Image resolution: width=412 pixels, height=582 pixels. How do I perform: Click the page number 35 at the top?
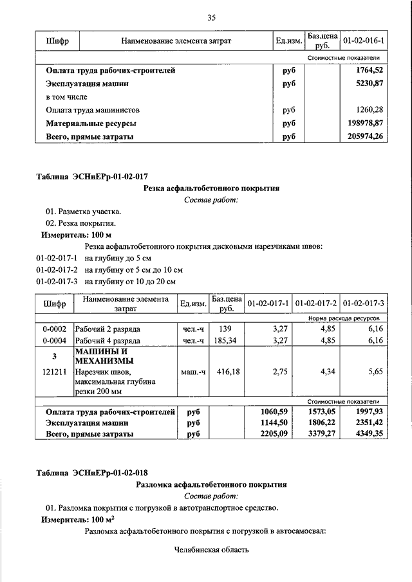(211, 17)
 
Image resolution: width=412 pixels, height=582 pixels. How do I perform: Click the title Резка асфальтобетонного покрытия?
(211, 188)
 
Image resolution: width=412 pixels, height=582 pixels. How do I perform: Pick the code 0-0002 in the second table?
(55, 329)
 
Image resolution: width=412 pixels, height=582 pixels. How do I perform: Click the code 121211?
(55, 372)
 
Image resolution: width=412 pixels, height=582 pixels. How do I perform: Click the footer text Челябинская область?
(211, 550)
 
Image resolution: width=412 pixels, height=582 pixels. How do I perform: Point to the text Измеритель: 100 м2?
(73, 519)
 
